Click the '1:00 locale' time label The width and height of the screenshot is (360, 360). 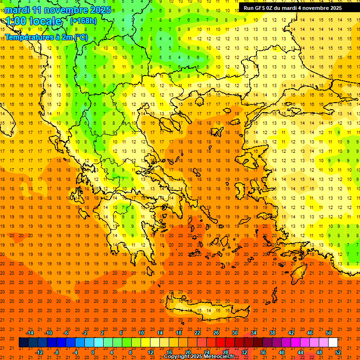pyautogui.click(x=33, y=21)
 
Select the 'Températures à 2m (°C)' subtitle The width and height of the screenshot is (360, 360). pyautogui.click(x=46, y=37)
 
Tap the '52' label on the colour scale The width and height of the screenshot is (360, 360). pyautogui.click(x=338, y=352)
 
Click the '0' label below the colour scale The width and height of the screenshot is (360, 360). pyautogui.click(x=93, y=352)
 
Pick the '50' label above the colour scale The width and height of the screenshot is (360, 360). pyautogui.click(x=328, y=333)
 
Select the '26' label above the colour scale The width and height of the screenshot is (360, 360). pyautogui.click(x=216, y=333)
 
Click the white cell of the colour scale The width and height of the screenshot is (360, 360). pyautogui.click(x=333, y=343)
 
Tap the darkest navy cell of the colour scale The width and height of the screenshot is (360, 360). pyautogui.click(x=23, y=343)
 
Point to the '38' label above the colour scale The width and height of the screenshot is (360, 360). pyautogui.click(x=272, y=333)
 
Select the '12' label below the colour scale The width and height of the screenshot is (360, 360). pyautogui.click(x=150, y=352)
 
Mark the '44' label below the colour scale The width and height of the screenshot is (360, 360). pyautogui.click(x=300, y=352)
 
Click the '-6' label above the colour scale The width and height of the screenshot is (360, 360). pyautogui.click(x=66, y=333)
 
